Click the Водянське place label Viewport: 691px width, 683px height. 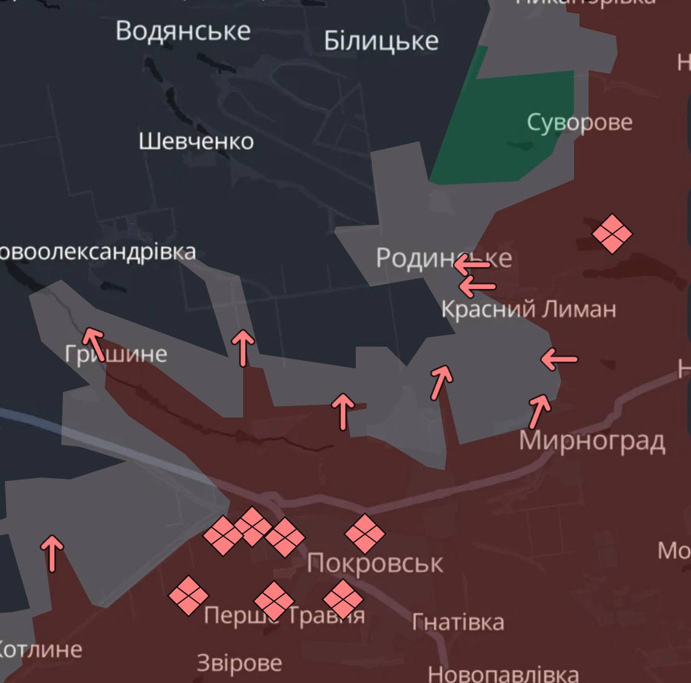tap(183, 31)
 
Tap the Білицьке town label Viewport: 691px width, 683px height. tap(381, 41)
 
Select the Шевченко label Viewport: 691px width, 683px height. tap(196, 142)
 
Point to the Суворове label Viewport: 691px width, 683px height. tap(579, 122)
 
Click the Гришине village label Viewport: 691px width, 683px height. tap(116, 354)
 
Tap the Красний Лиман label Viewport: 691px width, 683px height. tap(528, 310)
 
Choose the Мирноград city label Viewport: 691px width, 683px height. tap(592, 441)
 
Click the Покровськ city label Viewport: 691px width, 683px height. tap(375, 564)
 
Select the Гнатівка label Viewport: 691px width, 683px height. tap(458, 622)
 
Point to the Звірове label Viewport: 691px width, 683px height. tap(239, 663)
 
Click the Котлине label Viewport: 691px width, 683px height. tap(39, 650)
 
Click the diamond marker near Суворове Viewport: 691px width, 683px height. tap(612, 233)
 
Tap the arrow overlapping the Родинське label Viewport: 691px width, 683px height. tap(472, 264)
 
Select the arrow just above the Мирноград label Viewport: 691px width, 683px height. tap(539, 411)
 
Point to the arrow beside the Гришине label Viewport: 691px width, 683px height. tap(93, 342)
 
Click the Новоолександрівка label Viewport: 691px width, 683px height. tap(97, 252)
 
